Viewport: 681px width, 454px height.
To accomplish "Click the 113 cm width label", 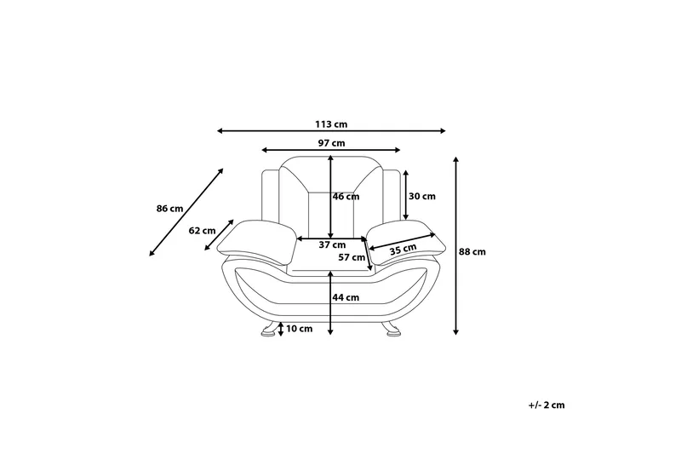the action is pyautogui.click(x=331, y=124).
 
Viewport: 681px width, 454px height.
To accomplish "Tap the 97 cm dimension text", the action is pyautogui.click(x=331, y=143).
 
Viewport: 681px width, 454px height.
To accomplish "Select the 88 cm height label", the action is pyautogui.click(x=472, y=251).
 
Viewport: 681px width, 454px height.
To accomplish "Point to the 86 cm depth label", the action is pyautogui.click(x=169, y=209).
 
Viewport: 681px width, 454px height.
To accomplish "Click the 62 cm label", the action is pyautogui.click(x=202, y=231).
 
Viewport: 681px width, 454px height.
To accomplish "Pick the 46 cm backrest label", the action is pyautogui.click(x=346, y=197).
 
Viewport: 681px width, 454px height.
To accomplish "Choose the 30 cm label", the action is pyautogui.click(x=422, y=197).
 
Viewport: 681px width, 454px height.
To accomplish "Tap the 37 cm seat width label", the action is pyautogui.click(x=332, y=245).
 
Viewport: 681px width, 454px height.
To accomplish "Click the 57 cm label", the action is pyautogui.click(x=352, y=257).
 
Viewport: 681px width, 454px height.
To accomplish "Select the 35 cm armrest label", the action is pyautogui.click(x=403, y=250).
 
